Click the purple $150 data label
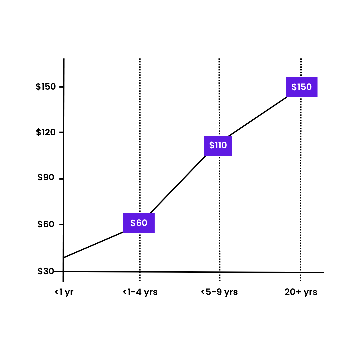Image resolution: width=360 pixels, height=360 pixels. [x=301, y=87]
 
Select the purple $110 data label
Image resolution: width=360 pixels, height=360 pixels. [x=218, y=146]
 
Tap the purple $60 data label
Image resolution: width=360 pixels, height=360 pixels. [x=139, y=223]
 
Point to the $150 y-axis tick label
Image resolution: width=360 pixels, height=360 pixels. [x=46, y=87]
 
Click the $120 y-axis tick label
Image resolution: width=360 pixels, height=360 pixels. [x=46, y=132]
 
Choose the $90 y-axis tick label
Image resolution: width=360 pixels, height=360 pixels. [x=46, y=177]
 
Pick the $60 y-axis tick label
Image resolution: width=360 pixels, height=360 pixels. [x=46, y=224]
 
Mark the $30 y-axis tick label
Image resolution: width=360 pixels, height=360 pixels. [x=46, y=271]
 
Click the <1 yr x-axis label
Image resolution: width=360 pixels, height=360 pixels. [x=64, y=292]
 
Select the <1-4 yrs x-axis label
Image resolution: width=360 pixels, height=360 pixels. [x=140, y=292]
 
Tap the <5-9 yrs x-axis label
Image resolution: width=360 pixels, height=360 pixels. [x=219, y=292]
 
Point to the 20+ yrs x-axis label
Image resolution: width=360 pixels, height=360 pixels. [x=301, y=292]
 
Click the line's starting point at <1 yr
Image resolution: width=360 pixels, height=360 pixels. [x=64, y=257]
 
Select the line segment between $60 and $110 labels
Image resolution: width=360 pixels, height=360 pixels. [x=178, y=184]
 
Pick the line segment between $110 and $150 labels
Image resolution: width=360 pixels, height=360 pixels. [x=258, y=116]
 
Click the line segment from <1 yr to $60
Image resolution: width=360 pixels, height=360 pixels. [x=93, y=245]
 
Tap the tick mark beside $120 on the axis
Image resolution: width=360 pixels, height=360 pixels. [x=61, y=132]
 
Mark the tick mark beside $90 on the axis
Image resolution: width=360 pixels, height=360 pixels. [x=61, y=179]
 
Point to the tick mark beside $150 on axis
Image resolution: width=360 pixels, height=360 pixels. [x=61, y=87]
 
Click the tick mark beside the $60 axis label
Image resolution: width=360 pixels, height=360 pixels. [x=61, y=224]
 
